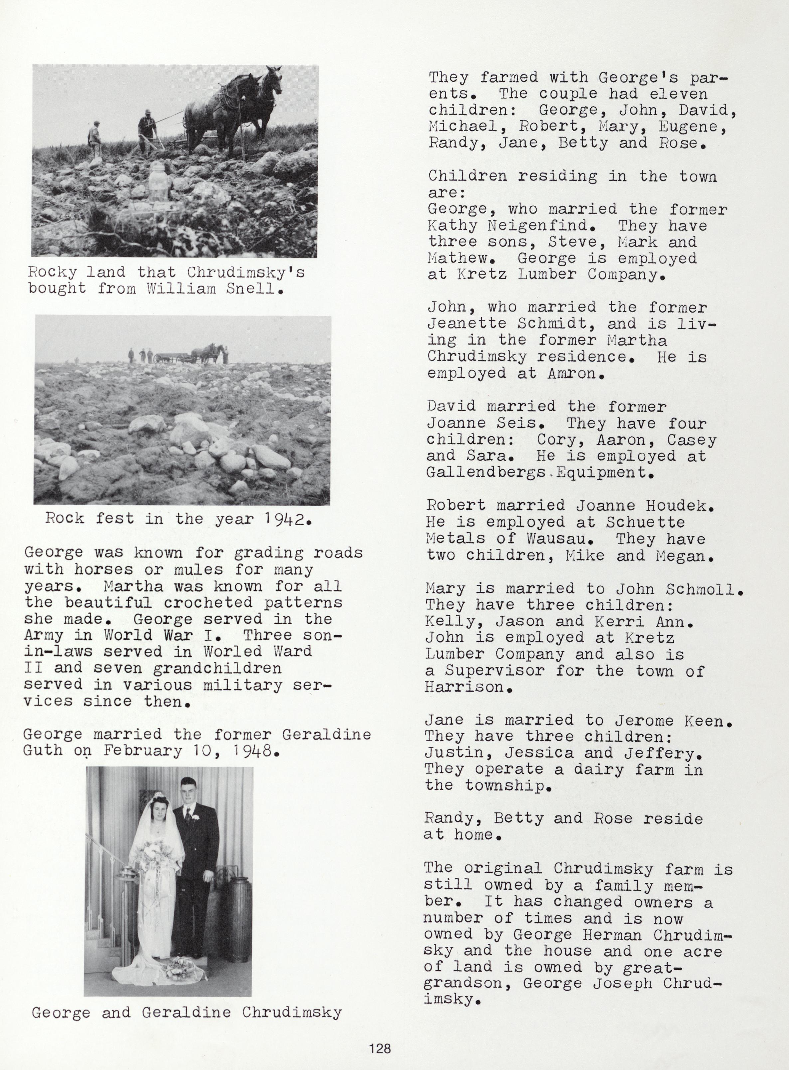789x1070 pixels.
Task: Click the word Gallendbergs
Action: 486,472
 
